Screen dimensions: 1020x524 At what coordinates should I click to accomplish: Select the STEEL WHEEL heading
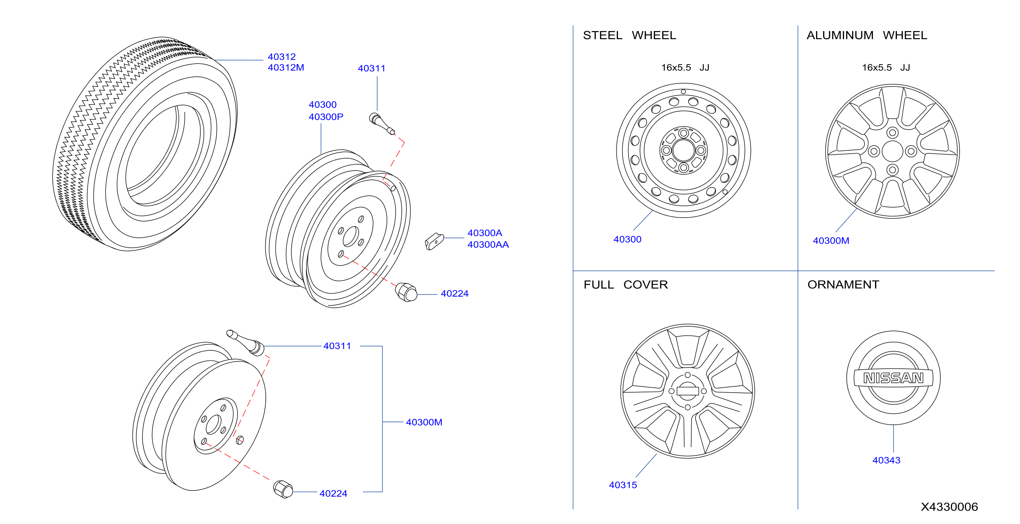pos(629,35)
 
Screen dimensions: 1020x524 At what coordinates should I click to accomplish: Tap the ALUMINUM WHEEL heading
pos(867,35)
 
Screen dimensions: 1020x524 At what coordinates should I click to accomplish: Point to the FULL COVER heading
pos(626,285)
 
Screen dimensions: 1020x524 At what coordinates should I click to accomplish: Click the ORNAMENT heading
pos(843,285)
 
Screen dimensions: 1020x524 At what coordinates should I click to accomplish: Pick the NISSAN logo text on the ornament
pos(893,378)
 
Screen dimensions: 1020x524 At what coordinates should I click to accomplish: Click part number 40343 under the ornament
pos(886,460)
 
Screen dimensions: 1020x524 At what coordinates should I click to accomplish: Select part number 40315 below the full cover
pos(623,485)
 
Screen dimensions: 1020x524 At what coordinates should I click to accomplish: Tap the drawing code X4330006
pos(949,507)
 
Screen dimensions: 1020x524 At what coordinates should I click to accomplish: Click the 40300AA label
pos(488,245)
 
